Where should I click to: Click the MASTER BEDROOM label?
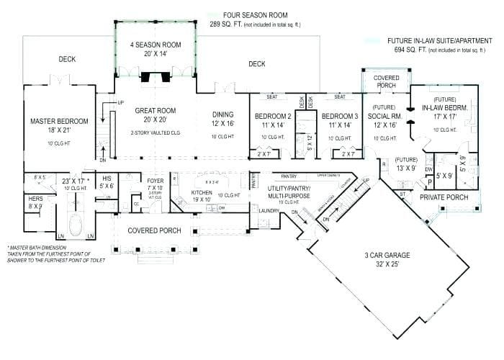click(59, 121)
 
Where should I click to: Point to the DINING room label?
click(222, 114)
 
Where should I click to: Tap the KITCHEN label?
click(202, 194)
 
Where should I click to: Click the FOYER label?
click(156, 181)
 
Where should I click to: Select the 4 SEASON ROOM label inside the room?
click(156, 45)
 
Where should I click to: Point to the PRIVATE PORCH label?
click(444, 197)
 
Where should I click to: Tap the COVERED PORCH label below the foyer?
click(155, 230)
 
